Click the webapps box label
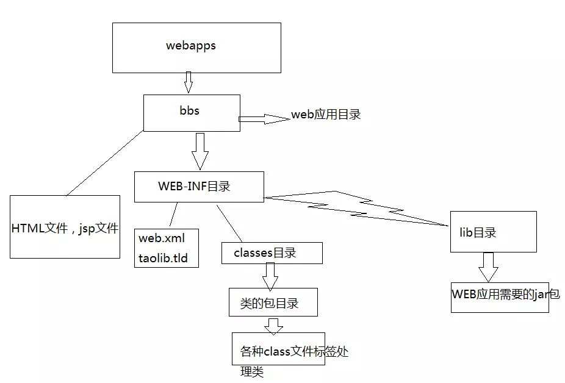(191, 46)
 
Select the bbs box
(192, 112)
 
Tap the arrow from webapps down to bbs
(189, 82)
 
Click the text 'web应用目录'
(326, 114)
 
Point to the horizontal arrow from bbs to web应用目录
(262, 119)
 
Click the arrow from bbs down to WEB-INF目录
(200, 151)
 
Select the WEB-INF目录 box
(199, 187)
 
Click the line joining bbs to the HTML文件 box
(104, 163)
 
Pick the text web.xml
(161, 237)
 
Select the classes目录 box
(271, 253)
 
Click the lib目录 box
(493, 232)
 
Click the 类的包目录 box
(273, 302)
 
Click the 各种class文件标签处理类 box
(278, 349)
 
